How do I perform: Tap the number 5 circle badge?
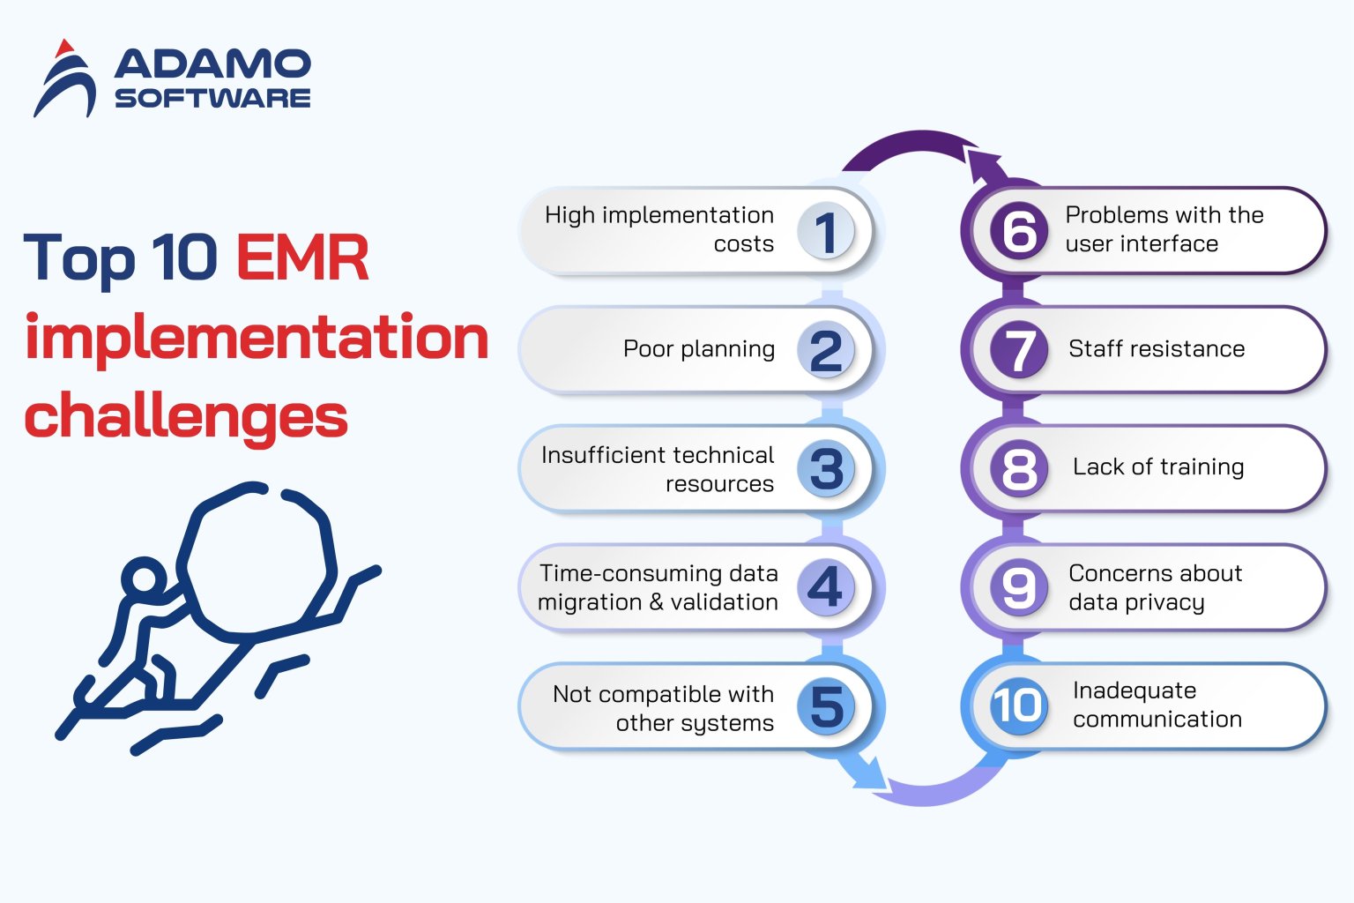pos(826,706)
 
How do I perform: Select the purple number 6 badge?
pos(1019,231)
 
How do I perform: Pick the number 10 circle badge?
pos(1019,705)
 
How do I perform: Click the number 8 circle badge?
pos(1019,468)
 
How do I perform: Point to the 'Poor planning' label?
pos(698,349)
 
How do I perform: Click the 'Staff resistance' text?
pos(1157,349)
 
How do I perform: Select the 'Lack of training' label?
pos(1157,467)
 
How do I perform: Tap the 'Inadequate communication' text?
pos(1157,705)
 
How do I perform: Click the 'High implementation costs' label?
pos(659,229)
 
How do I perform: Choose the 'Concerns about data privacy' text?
pos(1155,587)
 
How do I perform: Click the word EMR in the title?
pos(302,258)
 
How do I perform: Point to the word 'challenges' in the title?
pos(186,416)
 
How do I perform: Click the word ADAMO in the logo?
pos(212,63)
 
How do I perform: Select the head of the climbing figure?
pos(142,580)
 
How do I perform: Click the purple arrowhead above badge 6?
pos(985,165)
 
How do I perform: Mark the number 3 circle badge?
pos(826,468)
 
